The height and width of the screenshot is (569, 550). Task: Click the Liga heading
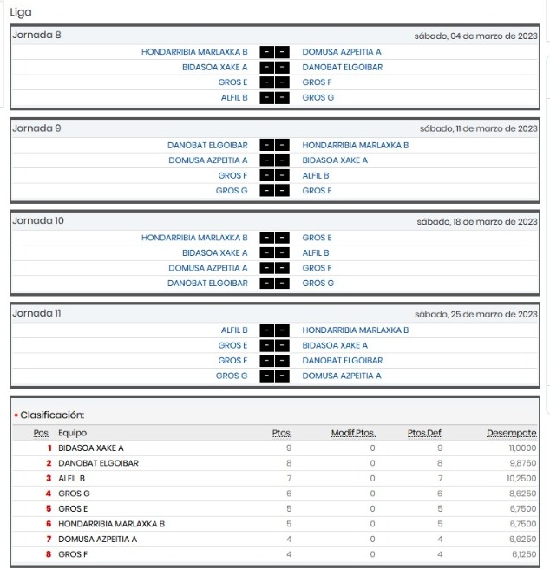(21, 13)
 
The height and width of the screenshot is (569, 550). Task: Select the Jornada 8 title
(36, 36)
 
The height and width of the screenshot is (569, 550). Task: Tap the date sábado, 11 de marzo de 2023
(478, 128)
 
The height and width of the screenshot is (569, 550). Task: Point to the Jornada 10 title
(38, 220)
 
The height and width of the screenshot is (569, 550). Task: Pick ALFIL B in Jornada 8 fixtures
(234, 97)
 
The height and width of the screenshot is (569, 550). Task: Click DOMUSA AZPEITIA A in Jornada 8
(341, 52)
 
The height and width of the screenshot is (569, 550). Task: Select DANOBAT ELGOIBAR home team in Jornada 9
(207, 145)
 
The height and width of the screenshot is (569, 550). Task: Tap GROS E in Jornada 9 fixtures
(317, 190)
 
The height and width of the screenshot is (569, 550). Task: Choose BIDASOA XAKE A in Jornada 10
(214, 252)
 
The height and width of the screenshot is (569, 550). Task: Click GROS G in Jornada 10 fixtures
(318, 283)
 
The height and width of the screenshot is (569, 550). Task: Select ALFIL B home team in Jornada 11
(234, 330)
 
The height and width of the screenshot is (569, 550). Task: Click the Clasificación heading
(52, 415)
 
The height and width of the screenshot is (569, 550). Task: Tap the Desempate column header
(511, 433)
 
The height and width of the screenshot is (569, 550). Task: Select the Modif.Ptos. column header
(353, 433)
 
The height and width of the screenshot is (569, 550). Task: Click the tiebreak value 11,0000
(522, 448)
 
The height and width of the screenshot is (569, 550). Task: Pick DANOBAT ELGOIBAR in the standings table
(98, 463)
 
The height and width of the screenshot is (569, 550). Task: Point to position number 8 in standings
(49, 554)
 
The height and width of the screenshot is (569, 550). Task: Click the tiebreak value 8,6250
(522, 494)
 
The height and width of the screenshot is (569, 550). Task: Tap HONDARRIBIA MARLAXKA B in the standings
(111, 524)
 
